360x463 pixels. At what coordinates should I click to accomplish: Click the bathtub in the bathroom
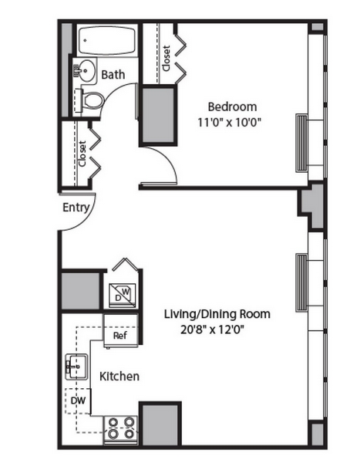107,40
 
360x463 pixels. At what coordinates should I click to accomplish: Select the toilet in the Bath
89,100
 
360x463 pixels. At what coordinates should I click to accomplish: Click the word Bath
113,74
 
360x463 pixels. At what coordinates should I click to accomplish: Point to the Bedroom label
232,106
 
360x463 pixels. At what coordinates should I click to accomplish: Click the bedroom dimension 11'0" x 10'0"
229,122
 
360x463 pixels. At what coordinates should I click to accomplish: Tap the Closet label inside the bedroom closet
167,58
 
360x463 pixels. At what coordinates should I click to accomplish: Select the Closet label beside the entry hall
82,154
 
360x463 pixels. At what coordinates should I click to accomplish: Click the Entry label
76,208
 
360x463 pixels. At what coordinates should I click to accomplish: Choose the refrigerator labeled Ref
120,331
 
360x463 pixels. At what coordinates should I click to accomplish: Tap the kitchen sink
76,367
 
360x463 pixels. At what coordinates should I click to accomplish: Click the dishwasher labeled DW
78,400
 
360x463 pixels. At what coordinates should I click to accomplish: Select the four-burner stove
120,429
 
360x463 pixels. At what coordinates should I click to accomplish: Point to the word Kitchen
119,377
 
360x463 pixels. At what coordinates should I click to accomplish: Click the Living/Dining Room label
217,314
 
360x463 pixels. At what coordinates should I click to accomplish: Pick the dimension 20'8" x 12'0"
213,330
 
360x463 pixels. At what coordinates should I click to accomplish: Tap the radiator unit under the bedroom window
301,143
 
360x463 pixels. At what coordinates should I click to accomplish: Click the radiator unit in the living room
301,282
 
